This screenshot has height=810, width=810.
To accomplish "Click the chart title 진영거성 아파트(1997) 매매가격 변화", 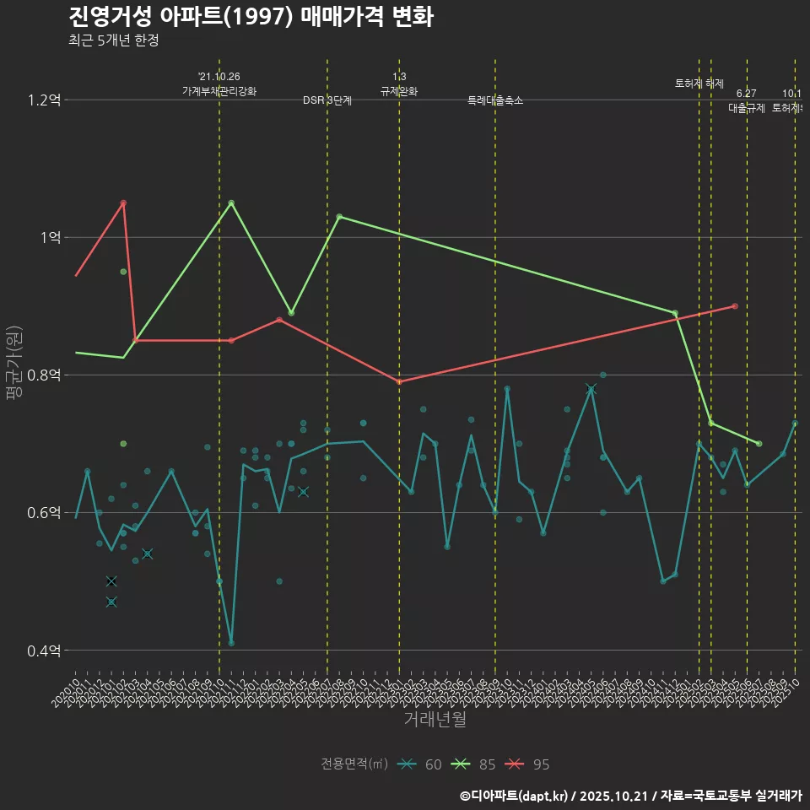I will tap(251, 17).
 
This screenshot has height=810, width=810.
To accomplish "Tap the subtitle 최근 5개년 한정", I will tap(113, 40).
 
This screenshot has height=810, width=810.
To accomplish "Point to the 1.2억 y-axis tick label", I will tap(45, 100).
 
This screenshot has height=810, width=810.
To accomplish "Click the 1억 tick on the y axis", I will tap(50, 238).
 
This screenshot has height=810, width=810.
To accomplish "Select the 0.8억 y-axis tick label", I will tap(45, 375).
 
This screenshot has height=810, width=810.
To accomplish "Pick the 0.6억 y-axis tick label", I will tap(45, 513).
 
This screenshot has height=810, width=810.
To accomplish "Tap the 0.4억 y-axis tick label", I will tap(45, 651).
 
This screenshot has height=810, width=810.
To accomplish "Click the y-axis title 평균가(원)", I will tap(13, 365).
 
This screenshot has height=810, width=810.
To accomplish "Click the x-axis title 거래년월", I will tap(435, 720).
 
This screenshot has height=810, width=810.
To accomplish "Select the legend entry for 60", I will tap(422, 764).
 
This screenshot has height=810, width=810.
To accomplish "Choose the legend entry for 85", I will tap(476, 764).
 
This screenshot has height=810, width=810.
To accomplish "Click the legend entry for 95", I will tap(530, 764).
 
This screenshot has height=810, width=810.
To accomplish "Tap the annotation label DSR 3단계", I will tap(327, 100).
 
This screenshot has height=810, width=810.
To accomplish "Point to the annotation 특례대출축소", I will tap(495, 100).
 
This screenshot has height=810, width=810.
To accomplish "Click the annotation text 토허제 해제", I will tap(699, 84).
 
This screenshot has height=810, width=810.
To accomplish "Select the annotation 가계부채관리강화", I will tap(219, 91).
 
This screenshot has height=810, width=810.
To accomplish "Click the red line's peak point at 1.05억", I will tap(123, 202).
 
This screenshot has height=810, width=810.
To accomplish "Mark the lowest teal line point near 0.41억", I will tap(231, 643).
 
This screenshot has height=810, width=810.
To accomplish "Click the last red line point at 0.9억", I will tap(735, 305).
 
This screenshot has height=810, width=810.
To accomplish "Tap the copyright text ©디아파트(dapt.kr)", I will tap(514, 796).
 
